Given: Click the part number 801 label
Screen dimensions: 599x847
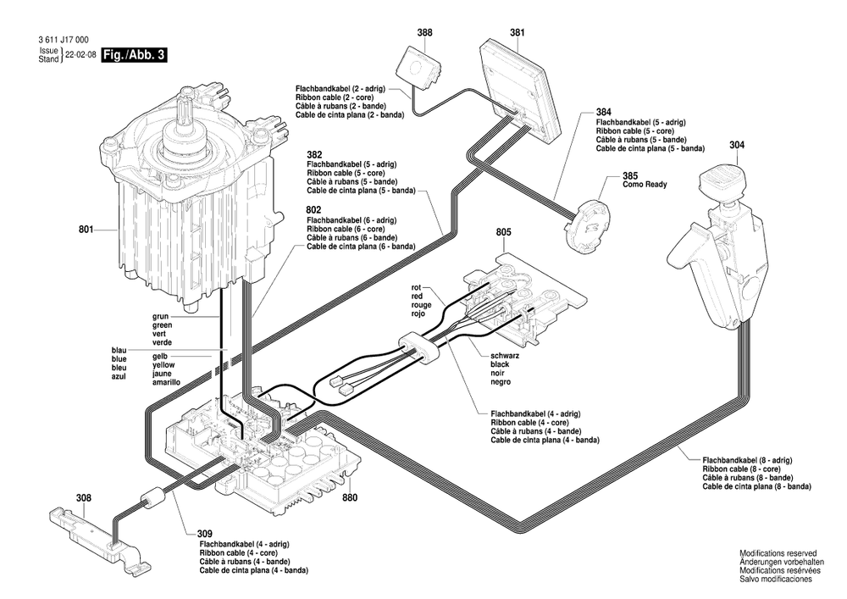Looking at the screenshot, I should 86,228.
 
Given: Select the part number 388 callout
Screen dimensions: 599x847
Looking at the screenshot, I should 424,33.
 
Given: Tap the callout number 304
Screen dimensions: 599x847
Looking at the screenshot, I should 736,145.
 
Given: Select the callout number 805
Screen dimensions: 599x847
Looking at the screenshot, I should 503,231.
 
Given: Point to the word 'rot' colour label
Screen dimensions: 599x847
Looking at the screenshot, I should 415,287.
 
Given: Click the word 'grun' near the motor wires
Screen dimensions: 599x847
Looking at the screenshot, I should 161,316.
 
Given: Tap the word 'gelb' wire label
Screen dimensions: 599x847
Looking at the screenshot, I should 160,357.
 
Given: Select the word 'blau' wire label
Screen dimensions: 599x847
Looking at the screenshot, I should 119,350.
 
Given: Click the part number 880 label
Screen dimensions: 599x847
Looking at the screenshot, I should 350,499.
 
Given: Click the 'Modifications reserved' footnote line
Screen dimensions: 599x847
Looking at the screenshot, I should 775,552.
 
